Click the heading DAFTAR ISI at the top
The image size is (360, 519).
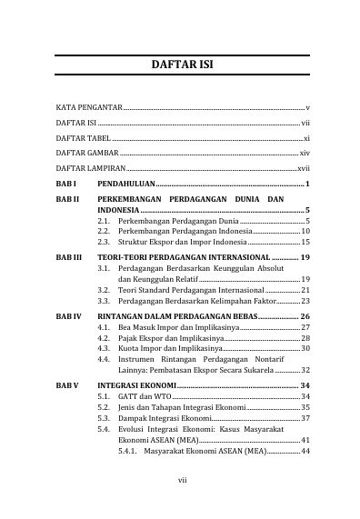(179, 67)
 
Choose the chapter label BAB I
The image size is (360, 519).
(65, 185)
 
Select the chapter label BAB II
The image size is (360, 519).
(67, 198)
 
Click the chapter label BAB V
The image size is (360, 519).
(66, 385)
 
